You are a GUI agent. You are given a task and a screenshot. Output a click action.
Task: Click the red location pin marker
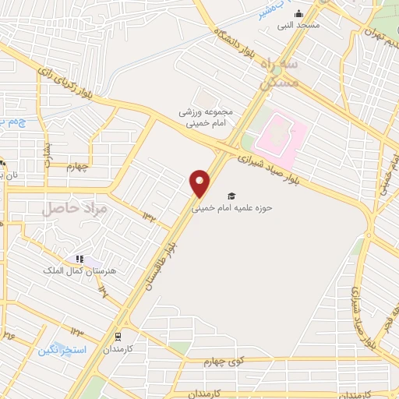200,183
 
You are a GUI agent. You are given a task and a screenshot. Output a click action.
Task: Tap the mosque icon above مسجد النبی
298,13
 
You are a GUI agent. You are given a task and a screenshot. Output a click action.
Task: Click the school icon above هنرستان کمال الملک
79,259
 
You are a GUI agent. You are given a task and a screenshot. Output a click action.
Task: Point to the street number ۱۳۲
148,214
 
